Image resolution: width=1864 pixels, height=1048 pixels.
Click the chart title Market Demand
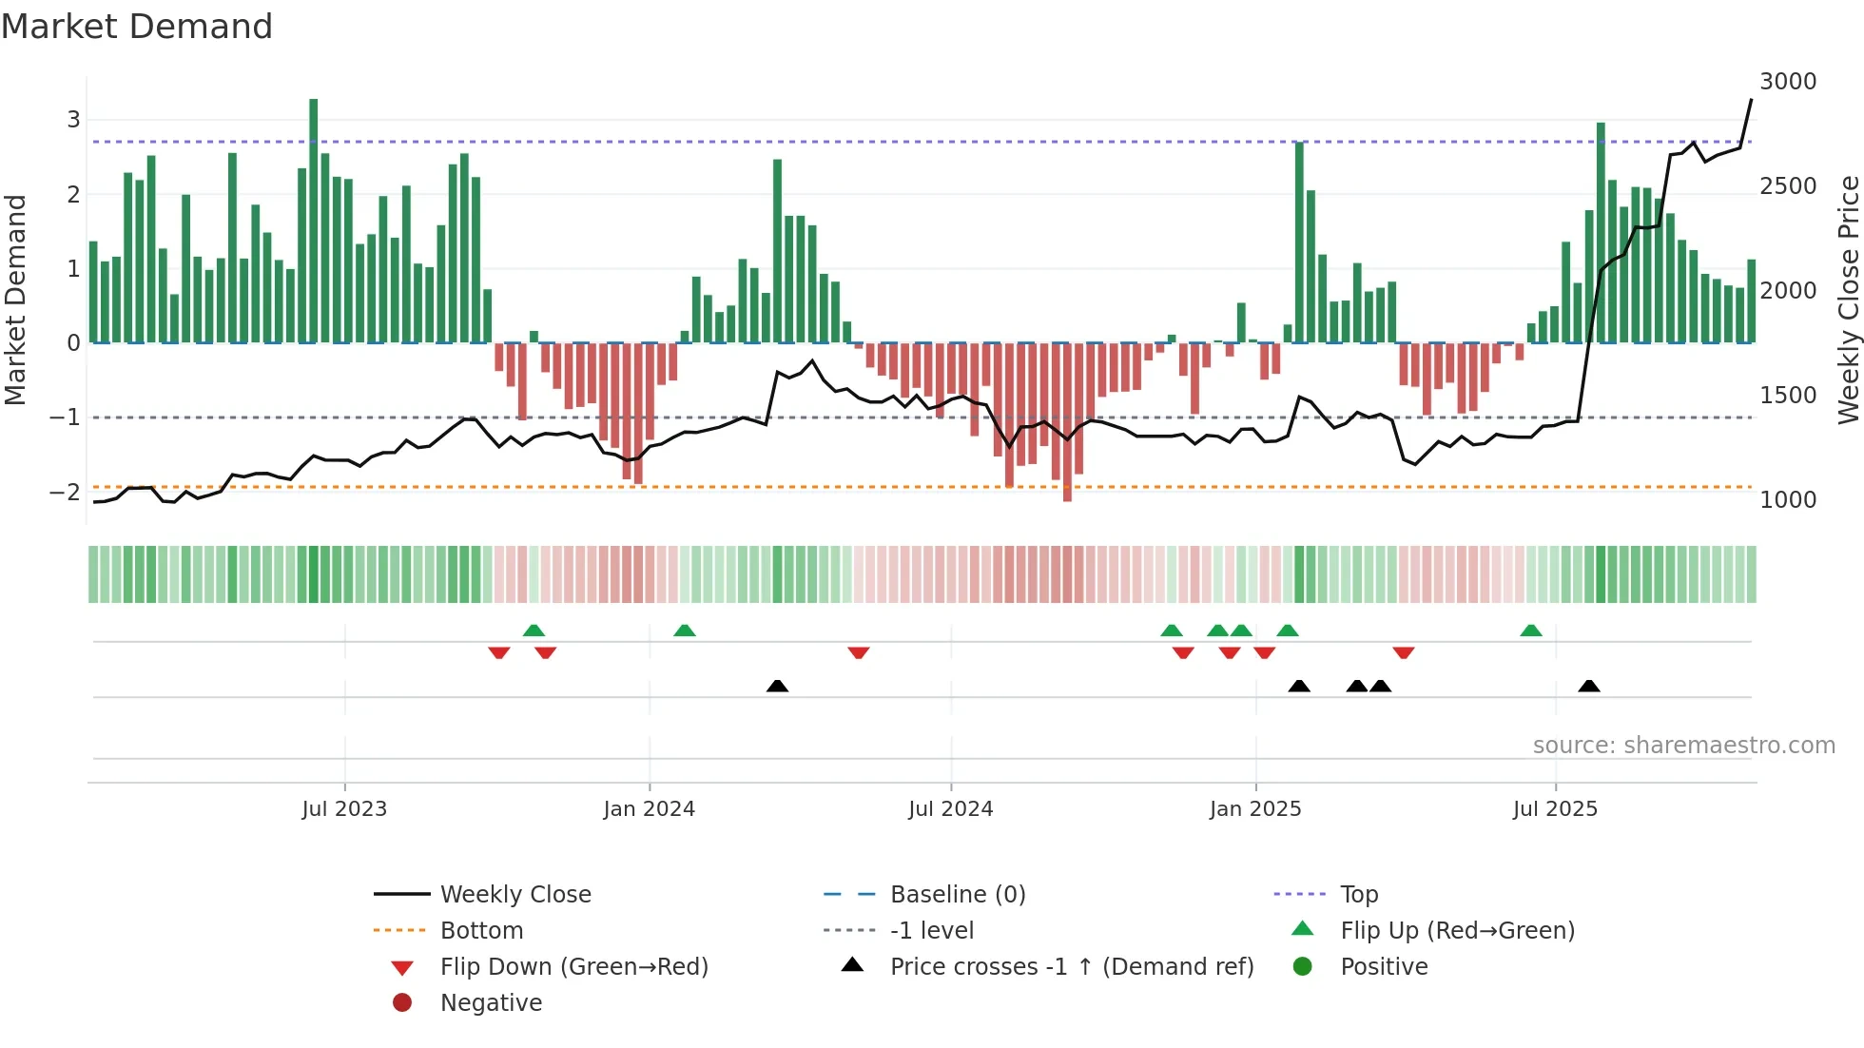pyautogui.click(x=137, y=27)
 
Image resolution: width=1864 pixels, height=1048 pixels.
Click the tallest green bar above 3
pyautogui.click(x=314, y=219)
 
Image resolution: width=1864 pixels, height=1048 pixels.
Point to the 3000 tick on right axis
pyautogui.click(x=1788, y=82)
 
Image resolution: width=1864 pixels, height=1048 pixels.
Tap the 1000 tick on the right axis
pyautogui.click(x=1788, y=500)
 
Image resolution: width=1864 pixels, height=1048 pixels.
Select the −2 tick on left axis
pyautogui.click(x=65, y=493)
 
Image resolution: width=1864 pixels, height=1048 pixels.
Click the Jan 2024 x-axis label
pyautogui.click(x=649, y=809)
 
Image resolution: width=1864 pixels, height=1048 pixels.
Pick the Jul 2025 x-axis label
pyautogui.click(x=1555, y=809)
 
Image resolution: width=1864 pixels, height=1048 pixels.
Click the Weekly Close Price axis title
pyautogui.click(x=1848, y=300)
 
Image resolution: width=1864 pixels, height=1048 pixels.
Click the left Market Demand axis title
pyautogui.click(x=15, y=300)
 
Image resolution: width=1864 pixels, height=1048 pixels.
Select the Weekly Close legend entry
pyautogui.click(x=515, y=895)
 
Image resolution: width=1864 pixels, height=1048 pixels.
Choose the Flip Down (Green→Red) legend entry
pyautogui.click(x=573, y=967)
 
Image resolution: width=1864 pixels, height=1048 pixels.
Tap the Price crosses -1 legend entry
pyautogui.click(x=1071, y=967)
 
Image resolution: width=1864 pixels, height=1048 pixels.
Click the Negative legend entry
pyautogui.click(x=491, y=1003)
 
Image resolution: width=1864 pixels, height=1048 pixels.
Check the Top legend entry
pyautogui.click(x=1358, y=895)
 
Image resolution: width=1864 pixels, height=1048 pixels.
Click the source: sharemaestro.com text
pyautogui.click(x=1683, y=746)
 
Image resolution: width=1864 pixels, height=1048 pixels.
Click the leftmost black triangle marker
pyautogui.click(x=777, y=686)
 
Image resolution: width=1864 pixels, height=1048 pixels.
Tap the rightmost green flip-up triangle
pyautogui.click(x=1530, y=631)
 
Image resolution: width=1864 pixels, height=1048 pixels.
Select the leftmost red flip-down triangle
pyautogui.click(x=498, y=652)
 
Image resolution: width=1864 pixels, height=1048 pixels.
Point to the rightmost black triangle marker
pyautogui.click(x=1588, y=686)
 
